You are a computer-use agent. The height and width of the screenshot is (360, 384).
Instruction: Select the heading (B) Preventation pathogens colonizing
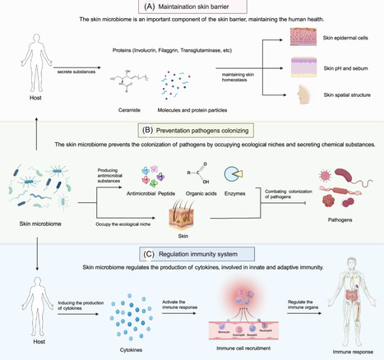click(191, 129)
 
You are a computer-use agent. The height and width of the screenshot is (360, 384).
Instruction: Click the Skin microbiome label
click(35, 222)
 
